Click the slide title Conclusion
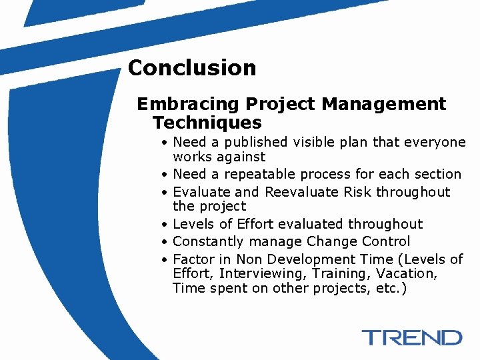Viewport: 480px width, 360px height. (191, 68)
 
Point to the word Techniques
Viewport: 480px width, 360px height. (207, 123)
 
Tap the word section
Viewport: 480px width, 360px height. (437, 175)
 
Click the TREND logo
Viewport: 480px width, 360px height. (412, 337)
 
